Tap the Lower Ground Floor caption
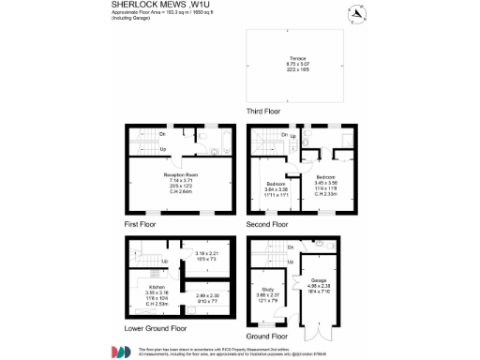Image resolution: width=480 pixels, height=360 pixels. click(156, 329)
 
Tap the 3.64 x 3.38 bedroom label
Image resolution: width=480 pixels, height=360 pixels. click(276, 187)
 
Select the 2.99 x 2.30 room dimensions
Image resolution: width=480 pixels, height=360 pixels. click(208, 298)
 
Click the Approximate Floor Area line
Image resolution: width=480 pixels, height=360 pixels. click(170, 14)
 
